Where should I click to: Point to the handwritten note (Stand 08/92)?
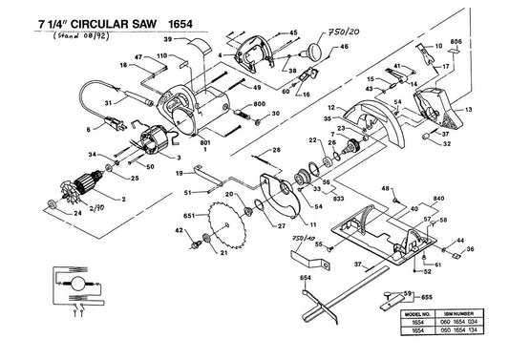pos(64,37)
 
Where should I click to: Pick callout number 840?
pos(438,198)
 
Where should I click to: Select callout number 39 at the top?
pos(167,39)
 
